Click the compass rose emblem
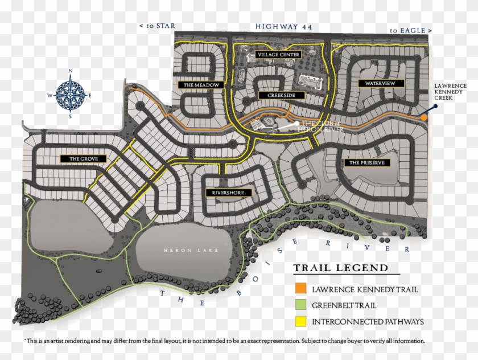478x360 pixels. pos(71,93)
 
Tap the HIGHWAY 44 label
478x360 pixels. pos(284,26)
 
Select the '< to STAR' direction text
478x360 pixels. pos(157,26)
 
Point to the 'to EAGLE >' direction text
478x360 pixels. pos(411,30)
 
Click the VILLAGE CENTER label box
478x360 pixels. pos(278,55)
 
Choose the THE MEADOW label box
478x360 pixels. pos(201,85)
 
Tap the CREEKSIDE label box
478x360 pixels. pos(281,95)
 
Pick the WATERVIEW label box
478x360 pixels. pos(381,83)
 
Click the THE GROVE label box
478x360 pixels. pos(83,158)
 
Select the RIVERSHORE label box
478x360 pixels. pos(228,193)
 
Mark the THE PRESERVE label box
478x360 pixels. pos(367,162)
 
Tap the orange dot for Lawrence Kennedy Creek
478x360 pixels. pos(425,117)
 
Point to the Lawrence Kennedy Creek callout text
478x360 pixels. pos(450,92)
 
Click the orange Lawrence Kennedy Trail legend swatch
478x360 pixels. pos(302,289)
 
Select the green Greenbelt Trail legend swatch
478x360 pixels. pos(302,305)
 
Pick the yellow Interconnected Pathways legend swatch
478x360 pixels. pos(302,322)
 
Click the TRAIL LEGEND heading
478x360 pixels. pos(340,268)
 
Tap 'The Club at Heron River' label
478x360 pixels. pos(323,126)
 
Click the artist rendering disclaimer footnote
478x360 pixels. pos(224,341)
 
